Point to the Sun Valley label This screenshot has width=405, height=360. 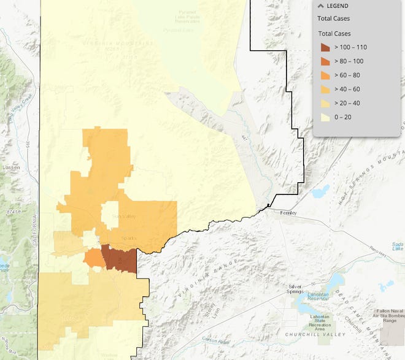coord(123,216)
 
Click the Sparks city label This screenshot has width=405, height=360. coord(128,238)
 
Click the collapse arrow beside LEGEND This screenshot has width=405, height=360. coord(320,6)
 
